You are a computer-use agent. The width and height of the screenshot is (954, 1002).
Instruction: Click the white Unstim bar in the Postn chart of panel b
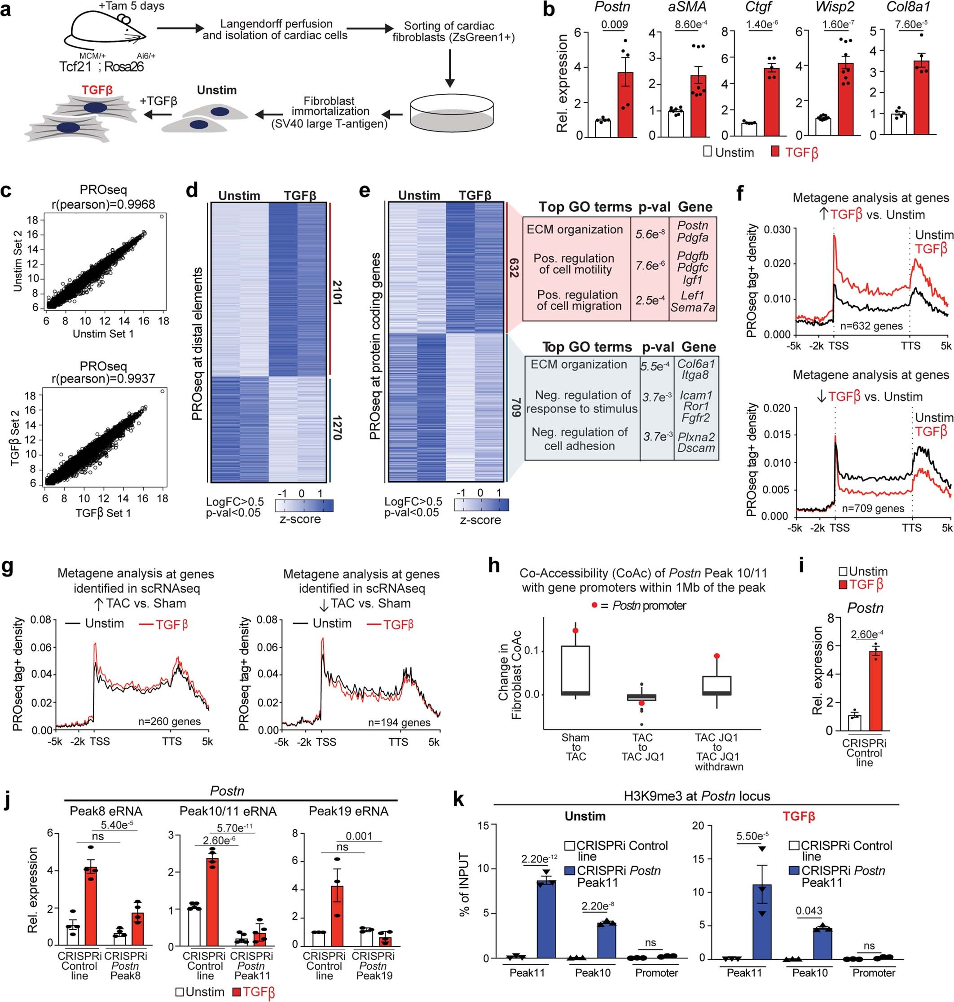(x=603, y=128)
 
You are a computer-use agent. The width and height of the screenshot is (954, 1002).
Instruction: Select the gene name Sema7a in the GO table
(x=692, y=307)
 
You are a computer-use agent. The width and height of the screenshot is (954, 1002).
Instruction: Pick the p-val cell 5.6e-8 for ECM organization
(x=650, y=234)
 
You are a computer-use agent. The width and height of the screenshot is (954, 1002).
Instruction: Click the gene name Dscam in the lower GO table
(x=696, y=448)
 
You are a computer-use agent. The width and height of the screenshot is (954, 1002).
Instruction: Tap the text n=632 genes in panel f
(x=871, y=326)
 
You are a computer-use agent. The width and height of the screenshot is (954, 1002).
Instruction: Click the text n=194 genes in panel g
(x=399, y=722)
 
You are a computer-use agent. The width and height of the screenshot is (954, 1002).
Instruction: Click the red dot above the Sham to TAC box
(x=575, y=631)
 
